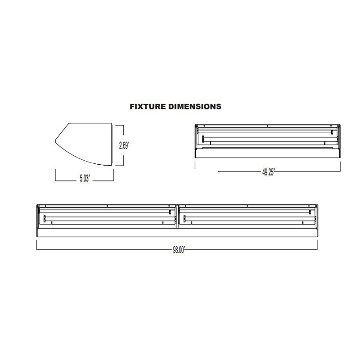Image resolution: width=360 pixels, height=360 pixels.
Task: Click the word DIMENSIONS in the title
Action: click(x=195, y=107)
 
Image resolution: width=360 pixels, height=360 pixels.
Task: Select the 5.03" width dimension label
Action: click(x=84, y=179)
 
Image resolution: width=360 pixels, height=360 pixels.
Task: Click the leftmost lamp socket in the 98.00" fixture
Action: click(x=45, y=219)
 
